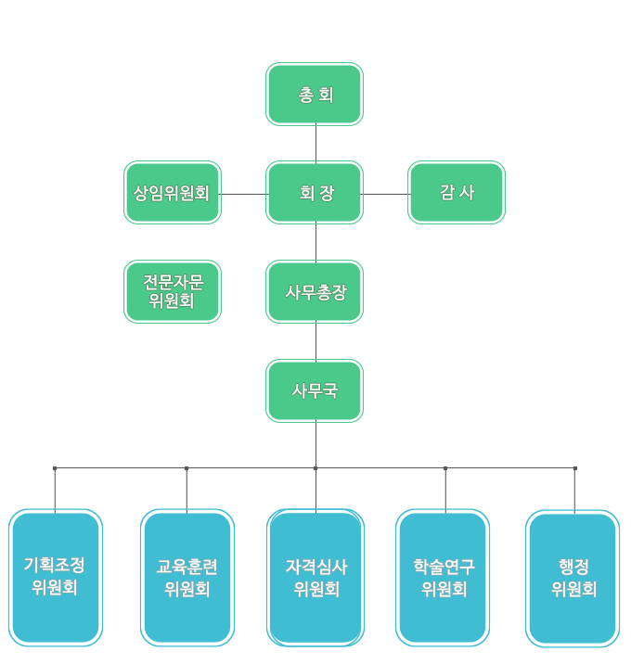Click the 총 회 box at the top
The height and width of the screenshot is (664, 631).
[315, 95]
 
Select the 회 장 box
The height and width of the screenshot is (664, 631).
[315, 193]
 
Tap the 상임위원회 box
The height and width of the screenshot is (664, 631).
[173, 193]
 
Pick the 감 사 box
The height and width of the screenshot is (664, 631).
[457, 193]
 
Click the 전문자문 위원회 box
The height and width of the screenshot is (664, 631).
[173, 291]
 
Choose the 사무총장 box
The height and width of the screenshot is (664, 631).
[315, 291]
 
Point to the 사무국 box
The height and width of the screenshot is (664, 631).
[315, 390]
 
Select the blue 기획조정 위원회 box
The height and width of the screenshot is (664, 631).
[56, 577]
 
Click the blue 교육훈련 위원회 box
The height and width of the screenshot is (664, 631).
[187, 577]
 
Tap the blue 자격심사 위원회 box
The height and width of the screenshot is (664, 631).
[315, 577]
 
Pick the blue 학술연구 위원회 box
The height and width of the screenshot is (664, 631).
[444, 577]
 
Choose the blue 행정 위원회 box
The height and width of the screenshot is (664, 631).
[573, 577]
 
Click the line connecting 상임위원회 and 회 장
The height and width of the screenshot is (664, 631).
[244, 194]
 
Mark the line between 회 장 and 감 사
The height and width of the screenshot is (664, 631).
[385, 194]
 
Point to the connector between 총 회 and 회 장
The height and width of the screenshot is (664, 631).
[315, 144]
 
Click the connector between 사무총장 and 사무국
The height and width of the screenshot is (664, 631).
[315, 341]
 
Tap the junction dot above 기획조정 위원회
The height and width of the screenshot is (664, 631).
[55, 468]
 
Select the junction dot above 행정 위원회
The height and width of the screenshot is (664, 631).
[574, 468]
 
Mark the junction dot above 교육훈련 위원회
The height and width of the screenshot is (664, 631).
[187, 468]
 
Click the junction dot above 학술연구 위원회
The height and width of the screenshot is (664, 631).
[445, 468]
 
